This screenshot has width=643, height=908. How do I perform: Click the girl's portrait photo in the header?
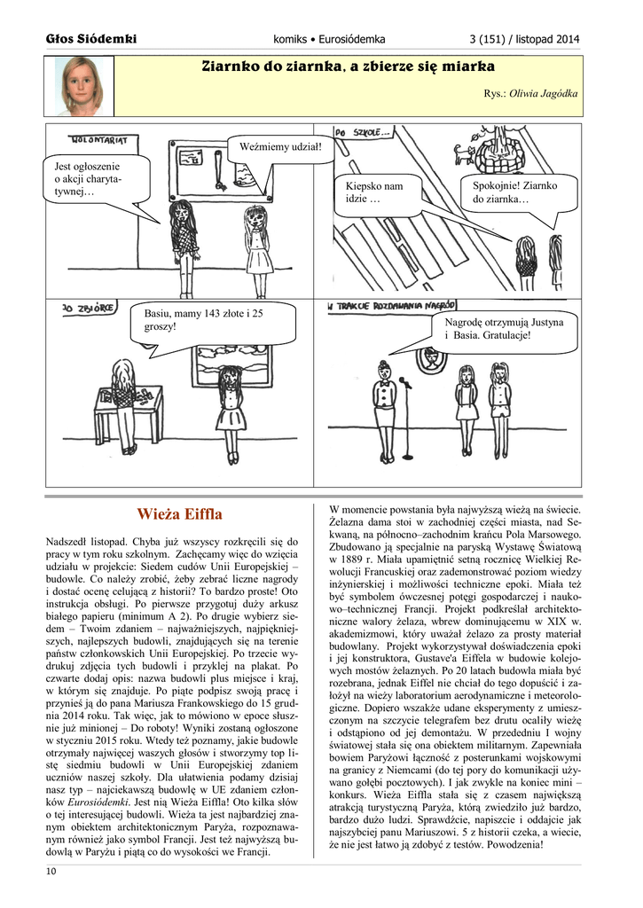81,85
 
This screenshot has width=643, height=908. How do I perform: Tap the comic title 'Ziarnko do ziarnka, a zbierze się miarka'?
348,67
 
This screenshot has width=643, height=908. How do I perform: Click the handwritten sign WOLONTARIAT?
99,140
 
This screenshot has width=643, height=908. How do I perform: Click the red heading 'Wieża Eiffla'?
179,514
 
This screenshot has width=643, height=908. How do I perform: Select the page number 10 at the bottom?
51,872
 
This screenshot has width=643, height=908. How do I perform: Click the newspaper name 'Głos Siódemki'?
91,39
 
